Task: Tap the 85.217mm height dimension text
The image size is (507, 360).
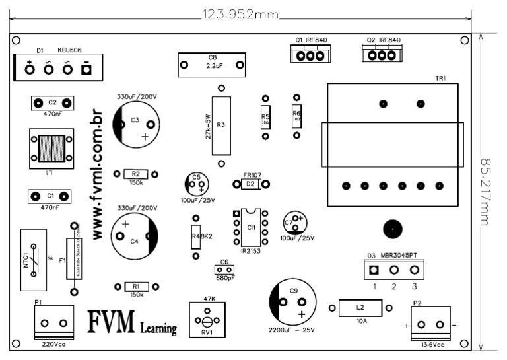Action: coord(489,193)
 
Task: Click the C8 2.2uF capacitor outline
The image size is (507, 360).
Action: coord(212,65)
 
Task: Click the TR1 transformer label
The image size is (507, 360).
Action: coord(440,79)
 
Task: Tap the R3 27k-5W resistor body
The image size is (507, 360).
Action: coord(221,126)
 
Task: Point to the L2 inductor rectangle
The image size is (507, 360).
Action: coord(360,308)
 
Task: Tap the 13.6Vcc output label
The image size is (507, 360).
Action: coord(432,344)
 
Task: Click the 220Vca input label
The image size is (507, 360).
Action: coord(53,344)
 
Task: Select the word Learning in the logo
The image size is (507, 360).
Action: coord(158,328)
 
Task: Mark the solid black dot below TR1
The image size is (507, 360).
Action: coord(392,229)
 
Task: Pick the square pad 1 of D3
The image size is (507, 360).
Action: coord(374,270)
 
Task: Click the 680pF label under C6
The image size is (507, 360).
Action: coord(225,278)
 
